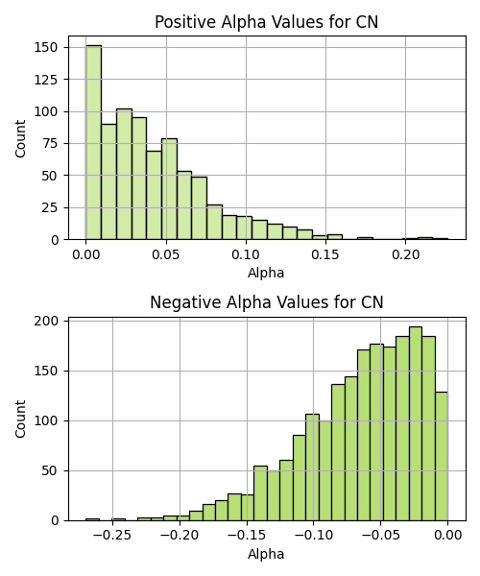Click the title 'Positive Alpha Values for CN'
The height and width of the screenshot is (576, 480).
[266, 22]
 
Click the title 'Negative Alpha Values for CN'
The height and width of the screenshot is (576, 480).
[266, 302]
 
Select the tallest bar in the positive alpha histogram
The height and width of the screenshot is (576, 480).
[94, 142]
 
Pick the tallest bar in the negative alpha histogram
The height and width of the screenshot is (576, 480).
[416, 423]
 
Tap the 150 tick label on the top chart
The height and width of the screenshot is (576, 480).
[46, 47]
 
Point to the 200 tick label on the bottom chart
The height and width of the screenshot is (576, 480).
[46, 321]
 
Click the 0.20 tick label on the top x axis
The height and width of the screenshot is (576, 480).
[405, 254]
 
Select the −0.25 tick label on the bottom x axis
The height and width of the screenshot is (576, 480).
[112, 536]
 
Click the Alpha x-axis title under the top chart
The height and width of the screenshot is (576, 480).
[266, 273]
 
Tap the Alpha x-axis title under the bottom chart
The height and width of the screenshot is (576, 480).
[266, 554]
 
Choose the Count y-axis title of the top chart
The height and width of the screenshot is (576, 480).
[20, 139]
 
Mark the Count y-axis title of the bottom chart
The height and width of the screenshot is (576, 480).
[20, 420]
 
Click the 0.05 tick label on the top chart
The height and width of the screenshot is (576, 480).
[166, 254]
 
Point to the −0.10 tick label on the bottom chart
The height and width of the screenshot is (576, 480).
[313, 536]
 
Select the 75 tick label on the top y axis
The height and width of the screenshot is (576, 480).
[50, 143]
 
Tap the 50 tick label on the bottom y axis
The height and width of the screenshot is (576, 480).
[50, 471]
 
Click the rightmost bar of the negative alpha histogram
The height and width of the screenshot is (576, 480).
[442, 456]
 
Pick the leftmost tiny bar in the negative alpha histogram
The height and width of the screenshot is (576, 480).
[92, 519]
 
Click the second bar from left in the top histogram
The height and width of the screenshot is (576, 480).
[108, 181]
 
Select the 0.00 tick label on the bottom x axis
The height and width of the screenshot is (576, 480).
[448, 536]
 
